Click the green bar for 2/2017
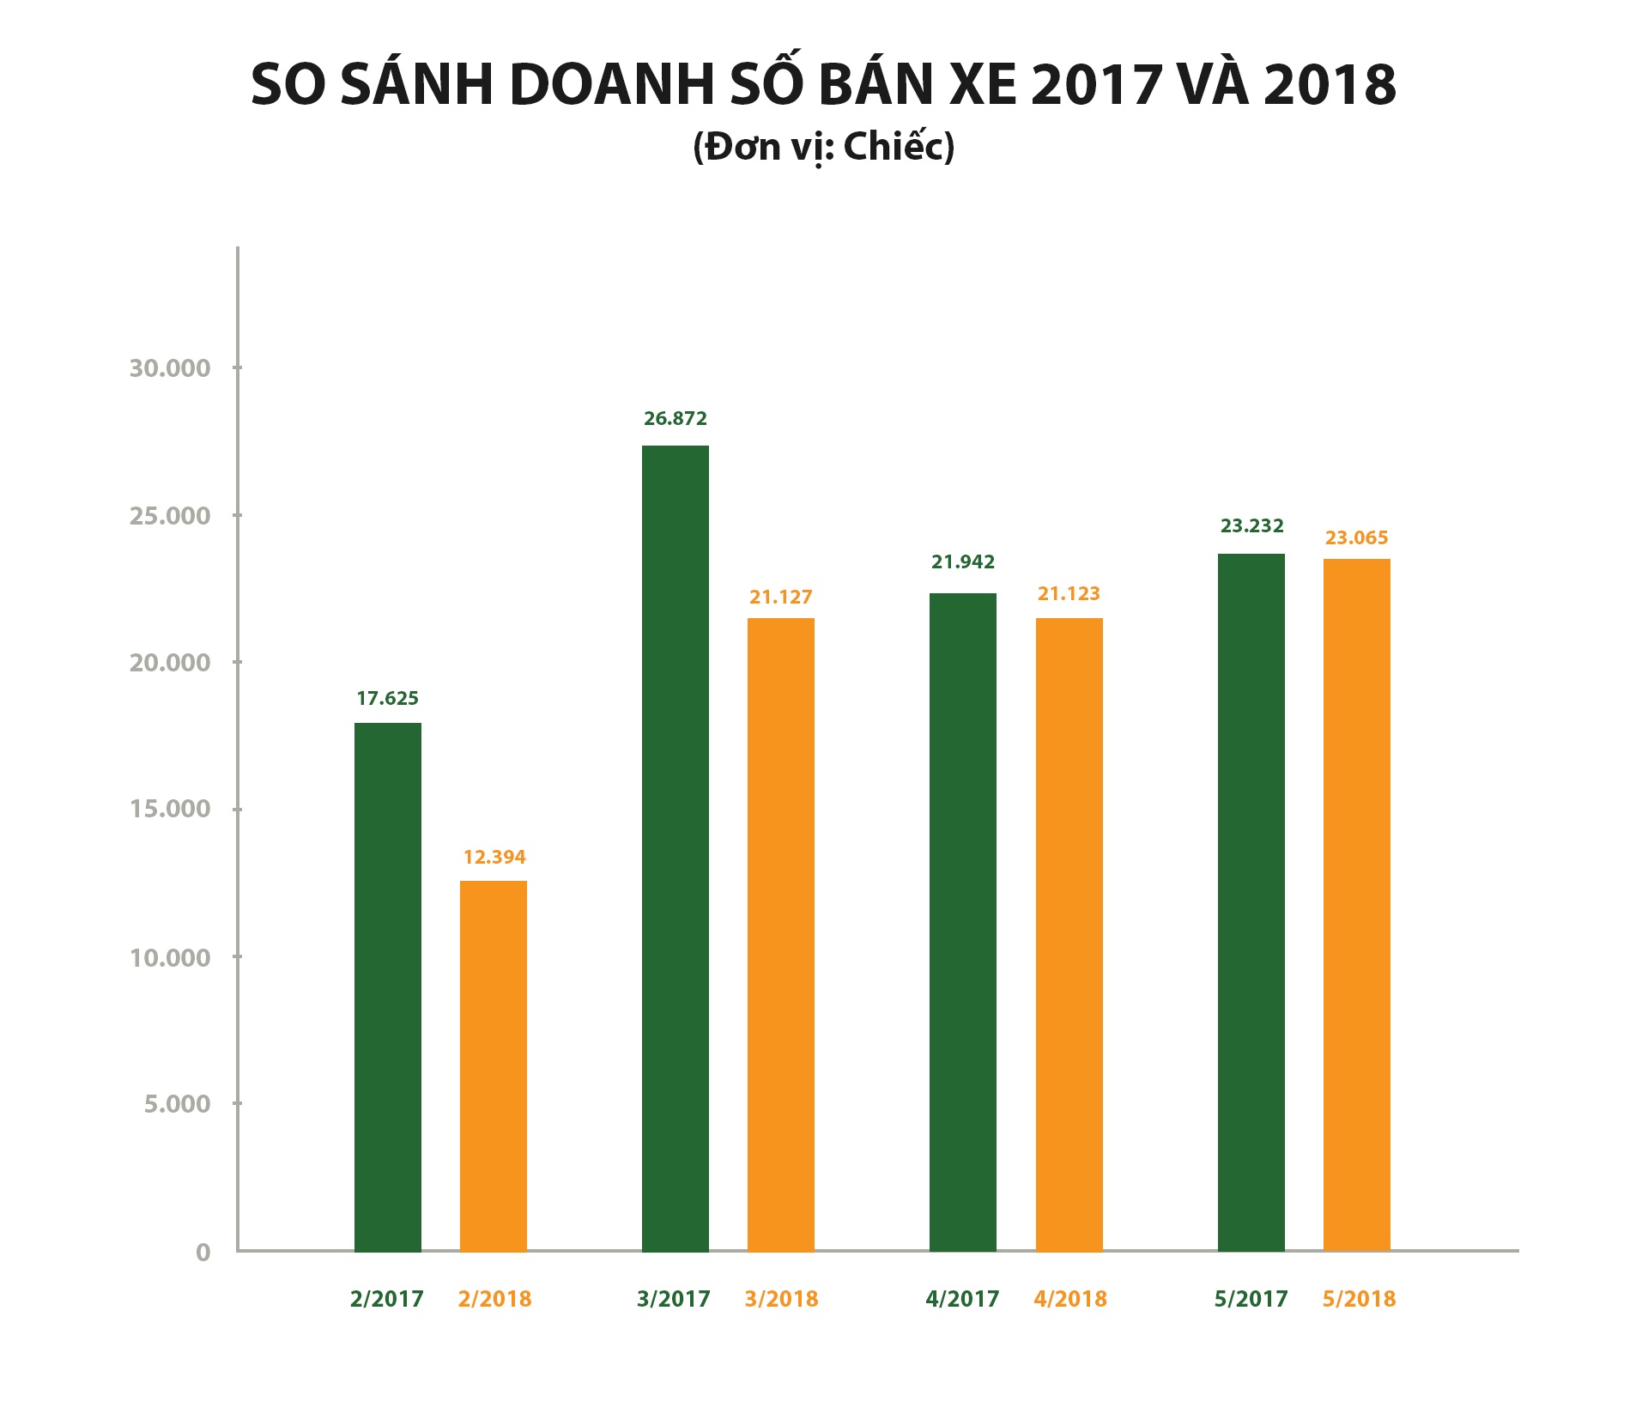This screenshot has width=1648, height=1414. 387,987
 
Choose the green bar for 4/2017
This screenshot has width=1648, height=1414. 963,922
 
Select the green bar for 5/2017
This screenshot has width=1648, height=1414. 1251,902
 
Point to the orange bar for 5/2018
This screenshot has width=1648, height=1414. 1357,905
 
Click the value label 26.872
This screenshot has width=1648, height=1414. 676,419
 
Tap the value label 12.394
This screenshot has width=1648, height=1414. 494,857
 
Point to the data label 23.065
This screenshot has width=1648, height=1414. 1356,538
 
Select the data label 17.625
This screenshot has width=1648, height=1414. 387,699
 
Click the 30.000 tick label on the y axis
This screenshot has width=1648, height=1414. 170,368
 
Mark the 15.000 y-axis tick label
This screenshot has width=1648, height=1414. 170,809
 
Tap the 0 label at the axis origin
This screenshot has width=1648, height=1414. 203,1252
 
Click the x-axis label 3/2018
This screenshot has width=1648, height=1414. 781,1299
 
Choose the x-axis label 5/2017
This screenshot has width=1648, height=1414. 1251,1299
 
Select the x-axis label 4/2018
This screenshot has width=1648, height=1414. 1070,1299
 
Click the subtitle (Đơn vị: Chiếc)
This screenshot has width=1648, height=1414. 824,148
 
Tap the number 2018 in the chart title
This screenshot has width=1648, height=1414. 1330,85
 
